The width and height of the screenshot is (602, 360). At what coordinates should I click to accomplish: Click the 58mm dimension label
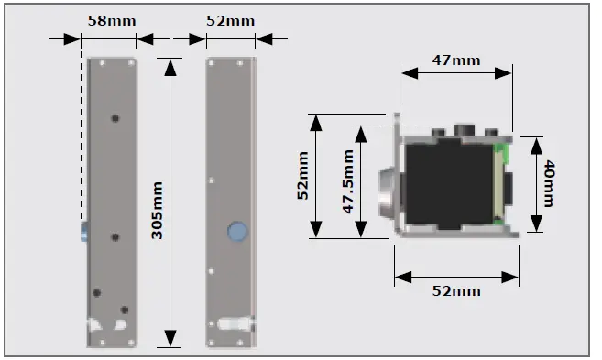click(x=109, y=19)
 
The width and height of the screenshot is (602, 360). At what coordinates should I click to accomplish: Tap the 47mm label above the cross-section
click(x=455, y=60)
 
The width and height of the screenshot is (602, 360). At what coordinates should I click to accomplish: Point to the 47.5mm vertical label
click(x=348, y=181)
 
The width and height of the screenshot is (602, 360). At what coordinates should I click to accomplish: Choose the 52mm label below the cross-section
click(x=455, y=291)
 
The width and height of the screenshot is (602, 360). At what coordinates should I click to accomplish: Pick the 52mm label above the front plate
click(x=231, y=19)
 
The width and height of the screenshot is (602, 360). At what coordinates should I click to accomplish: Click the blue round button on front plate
click(x=237, y=231)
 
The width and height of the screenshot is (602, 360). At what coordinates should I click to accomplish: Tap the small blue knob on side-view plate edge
click(x=83, y=230)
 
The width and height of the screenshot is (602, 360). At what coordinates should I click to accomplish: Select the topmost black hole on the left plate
click(x=115, y=118)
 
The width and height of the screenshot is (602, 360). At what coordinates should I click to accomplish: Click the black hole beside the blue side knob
click(x=115, y=237)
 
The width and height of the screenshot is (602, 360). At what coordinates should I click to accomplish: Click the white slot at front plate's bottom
click(x=236, y=324)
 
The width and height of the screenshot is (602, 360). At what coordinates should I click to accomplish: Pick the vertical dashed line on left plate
click(x=82, y=137)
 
